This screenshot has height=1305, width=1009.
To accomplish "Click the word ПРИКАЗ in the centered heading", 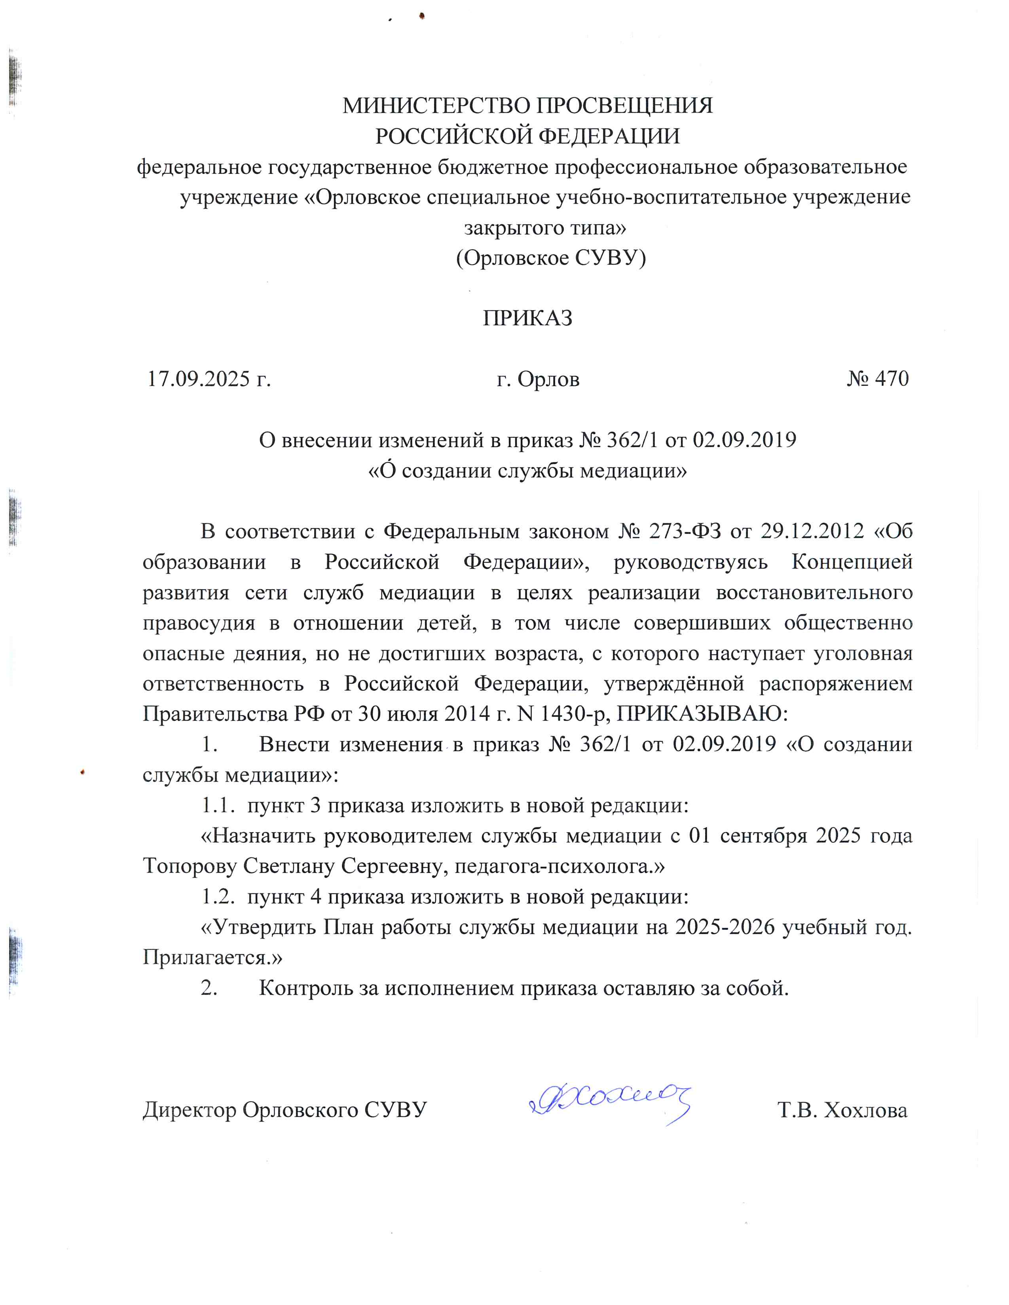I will pyautogui.click(x=527, y=318).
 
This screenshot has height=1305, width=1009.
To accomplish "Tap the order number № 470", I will pyautogui.click(x=878, y=378).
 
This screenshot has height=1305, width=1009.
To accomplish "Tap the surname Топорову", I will pyautogui.click(x=190, y=866).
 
